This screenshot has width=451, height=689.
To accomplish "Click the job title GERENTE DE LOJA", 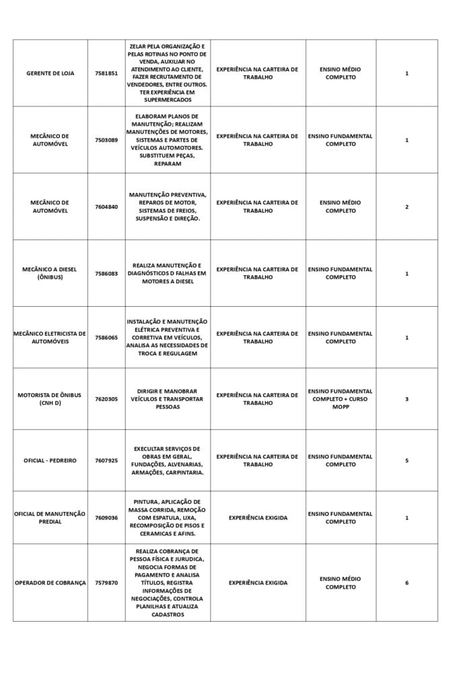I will point(50,73).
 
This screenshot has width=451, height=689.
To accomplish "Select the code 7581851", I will point(106,73).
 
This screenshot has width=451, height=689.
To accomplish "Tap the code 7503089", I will point(106,140).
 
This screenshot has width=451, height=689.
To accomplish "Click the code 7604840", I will point(106,207).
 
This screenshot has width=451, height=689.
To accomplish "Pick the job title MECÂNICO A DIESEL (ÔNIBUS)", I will point(50,273).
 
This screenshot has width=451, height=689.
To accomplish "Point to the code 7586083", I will point(106,273).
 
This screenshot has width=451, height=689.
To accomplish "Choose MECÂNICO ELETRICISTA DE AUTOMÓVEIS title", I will point(50,337).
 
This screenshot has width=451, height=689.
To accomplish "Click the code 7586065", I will point(106,337).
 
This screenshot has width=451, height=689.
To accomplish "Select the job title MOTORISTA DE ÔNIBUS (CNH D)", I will point(50,399).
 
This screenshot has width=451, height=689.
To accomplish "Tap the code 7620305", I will point(106,399).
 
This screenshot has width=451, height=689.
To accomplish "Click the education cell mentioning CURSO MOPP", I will point(340,399).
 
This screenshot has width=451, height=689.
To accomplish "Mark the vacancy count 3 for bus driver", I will point(407,399).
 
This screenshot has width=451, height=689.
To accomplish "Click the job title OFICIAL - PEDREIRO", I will point(50,461).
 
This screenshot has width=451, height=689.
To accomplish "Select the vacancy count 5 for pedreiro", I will point(407,461).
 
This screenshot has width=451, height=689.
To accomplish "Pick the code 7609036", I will point(106,517).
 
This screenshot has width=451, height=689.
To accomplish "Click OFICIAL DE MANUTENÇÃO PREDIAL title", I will point(50,517).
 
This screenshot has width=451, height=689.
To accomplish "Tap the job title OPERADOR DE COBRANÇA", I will point(50,583).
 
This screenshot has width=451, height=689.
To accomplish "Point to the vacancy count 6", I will point(407,583).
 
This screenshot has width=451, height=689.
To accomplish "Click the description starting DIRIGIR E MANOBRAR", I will point(168,399).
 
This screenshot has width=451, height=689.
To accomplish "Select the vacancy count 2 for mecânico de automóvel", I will point(407,207).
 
